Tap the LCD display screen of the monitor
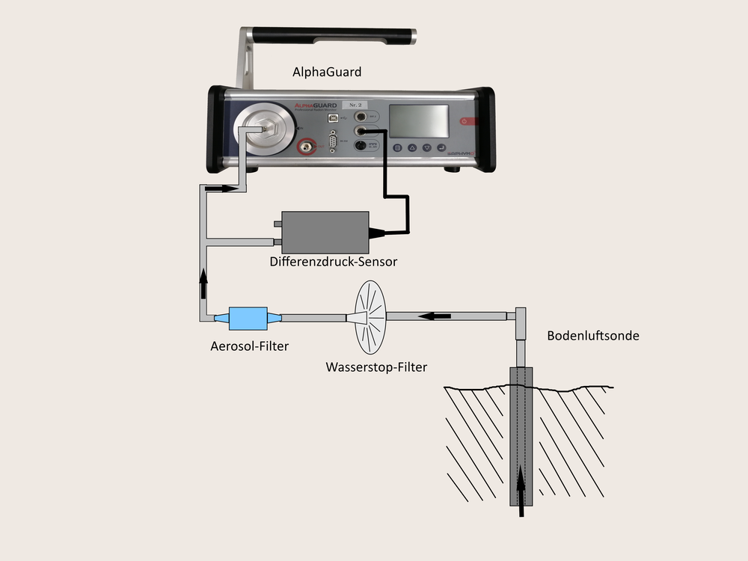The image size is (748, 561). pyautogui.click(x=420, y=120)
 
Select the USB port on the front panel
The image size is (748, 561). pyautogui.click(x=331, y=117)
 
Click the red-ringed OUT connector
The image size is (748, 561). pyautogui.click(x=305, y=147)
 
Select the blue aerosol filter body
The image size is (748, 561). pyautogui.click(x=248, y=318)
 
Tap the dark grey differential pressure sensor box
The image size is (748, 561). pyautogui.click(x=326, y=231)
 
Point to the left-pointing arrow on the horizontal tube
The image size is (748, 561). pyautogui.click(x=434, y=316)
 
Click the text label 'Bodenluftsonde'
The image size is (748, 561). pyautogui.click(x=593, y=336)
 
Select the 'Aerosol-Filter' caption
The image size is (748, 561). pyautogui.click(x=249, y=346)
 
